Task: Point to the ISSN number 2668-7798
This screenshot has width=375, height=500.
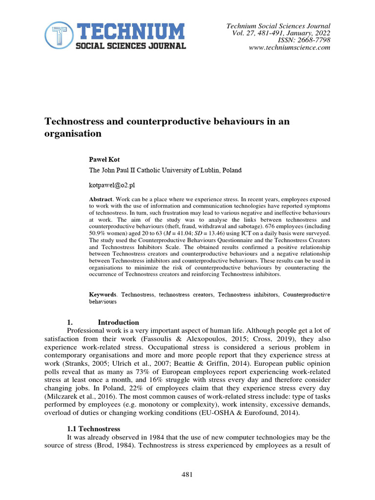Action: (313, 41)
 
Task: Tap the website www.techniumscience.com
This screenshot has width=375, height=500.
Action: (290, 48)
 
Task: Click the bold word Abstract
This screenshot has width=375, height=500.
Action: (101, 200)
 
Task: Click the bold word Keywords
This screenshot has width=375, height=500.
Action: (103, 295)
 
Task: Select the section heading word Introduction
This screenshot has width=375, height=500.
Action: (118, 322)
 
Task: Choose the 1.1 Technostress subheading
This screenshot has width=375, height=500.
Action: (93, 429)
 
